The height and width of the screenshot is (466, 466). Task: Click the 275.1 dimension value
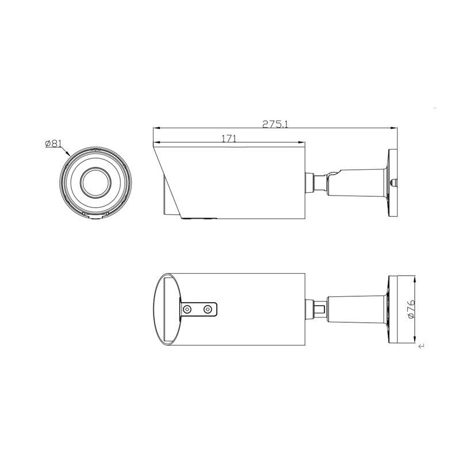(275, 124)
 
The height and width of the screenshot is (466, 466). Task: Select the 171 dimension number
(229, 139)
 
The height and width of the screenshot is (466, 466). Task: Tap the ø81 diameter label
(53, 144)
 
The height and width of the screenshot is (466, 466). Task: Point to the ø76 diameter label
(411, 309)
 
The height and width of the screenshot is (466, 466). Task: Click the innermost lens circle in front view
(96, 182)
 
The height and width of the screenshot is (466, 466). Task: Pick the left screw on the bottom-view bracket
(187, 310)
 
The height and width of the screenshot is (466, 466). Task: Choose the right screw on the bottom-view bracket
(208, 310)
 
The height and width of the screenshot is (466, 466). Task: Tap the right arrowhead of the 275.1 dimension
(394, 128)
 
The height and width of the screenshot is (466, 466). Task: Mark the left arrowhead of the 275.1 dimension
(156, 128)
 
